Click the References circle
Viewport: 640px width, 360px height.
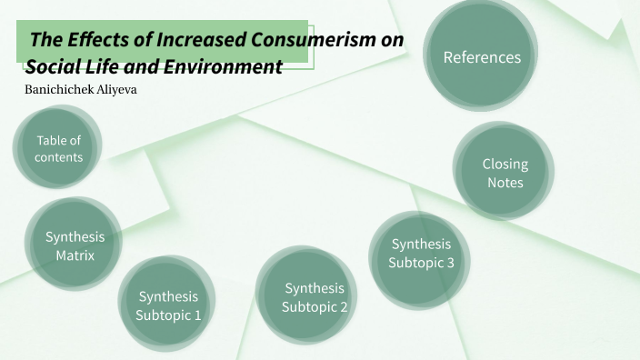click(x=482, y=57)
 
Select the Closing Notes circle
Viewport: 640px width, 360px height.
click(x=505, y=173)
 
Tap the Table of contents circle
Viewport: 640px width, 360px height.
click(x=58, y=148)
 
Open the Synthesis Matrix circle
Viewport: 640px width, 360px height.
click(x=75, y=245)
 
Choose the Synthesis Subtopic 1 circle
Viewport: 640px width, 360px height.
click(x=167, y=305)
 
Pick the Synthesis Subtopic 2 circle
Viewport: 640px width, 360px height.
click(x=315, y=297)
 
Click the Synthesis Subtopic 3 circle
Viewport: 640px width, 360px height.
click(x=421, y=254)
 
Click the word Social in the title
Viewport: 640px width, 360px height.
click(x=53, y=66)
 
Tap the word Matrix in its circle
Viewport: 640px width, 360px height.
click(x=75, y=255)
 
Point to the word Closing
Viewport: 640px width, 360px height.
click(x=505, y=164)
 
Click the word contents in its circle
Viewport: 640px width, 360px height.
click(x=58, y=157)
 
